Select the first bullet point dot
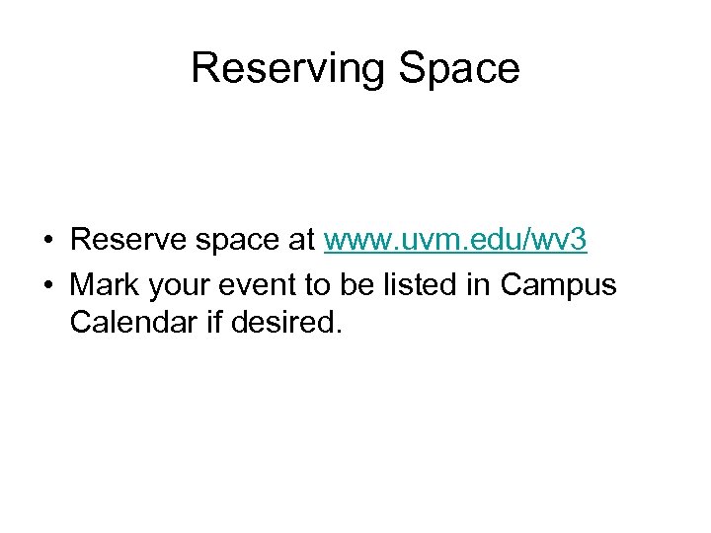click(46, 241)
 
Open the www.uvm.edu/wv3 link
click(455, 240)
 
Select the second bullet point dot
click(46, 286)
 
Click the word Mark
click(106, 285)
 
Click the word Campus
click(558, 287)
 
